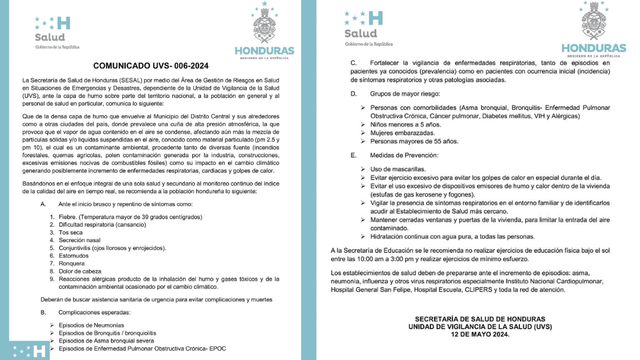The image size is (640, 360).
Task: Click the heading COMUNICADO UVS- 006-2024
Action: (150, 66)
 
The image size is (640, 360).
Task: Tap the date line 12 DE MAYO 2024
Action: (480, 334)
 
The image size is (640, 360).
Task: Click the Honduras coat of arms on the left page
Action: (264, 24)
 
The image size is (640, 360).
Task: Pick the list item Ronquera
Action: (71, 263)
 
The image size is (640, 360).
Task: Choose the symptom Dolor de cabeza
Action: (80, 271)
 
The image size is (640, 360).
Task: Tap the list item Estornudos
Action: (74, 255)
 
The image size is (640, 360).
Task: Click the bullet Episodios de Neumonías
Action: (91, 325)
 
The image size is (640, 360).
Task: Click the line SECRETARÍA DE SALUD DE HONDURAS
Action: (480, 318)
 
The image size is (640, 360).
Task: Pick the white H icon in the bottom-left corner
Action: (38, 351)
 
